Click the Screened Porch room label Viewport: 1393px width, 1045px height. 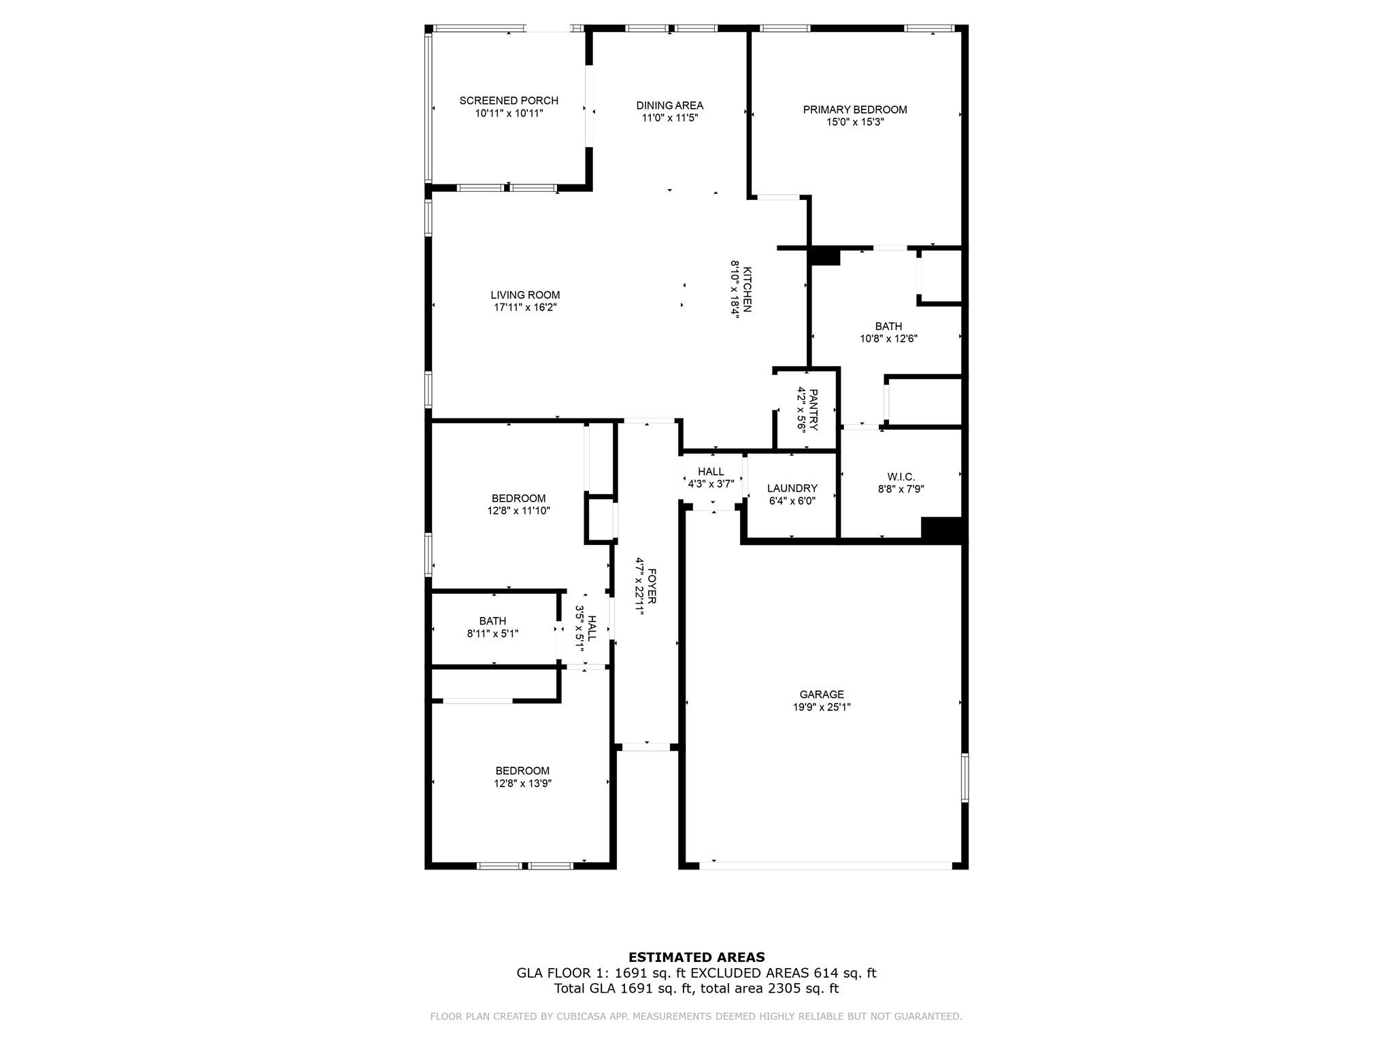point(509,101)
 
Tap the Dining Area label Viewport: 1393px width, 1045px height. point(670,105)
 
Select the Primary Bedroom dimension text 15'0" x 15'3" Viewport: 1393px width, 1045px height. point(855,122)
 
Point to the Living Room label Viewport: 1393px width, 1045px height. point(525,295)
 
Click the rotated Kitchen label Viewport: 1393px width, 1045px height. point(747,289)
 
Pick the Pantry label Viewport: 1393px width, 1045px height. point(813,410)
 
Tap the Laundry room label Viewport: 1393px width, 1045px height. point(792,488)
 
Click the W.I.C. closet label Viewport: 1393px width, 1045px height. point(901,477)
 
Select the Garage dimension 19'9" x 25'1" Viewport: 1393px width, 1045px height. point(822,707)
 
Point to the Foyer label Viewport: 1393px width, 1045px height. point(651,586)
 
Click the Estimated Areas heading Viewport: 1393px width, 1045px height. point(696,957)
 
